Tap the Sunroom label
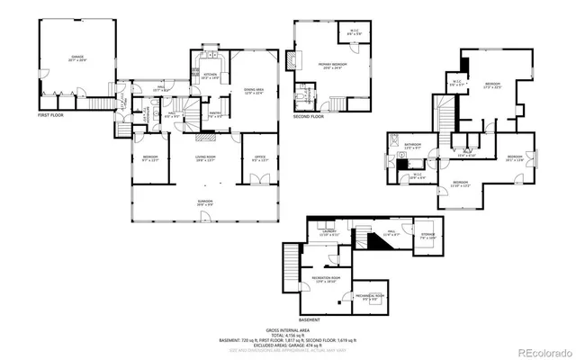coord(206,202)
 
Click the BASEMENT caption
coord(310,319)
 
